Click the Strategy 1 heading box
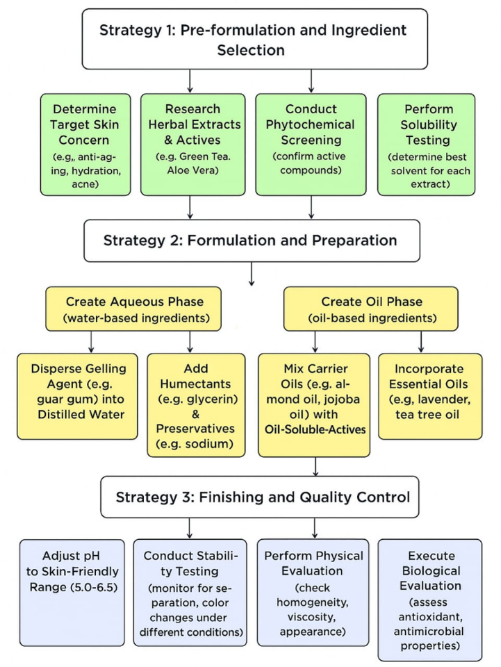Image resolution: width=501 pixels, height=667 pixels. click(252, 40)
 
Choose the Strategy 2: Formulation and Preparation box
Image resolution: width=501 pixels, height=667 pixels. click(251, 240)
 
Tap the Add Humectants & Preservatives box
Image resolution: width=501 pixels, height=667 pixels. click(196, 404)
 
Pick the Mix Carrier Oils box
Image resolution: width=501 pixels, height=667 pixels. click(315, 404)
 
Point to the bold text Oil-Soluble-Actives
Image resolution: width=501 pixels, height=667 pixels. click(315, 429)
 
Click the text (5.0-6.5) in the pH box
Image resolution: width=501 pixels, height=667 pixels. click(72, 587)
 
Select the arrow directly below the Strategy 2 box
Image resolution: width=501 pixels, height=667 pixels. click(251, 277)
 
